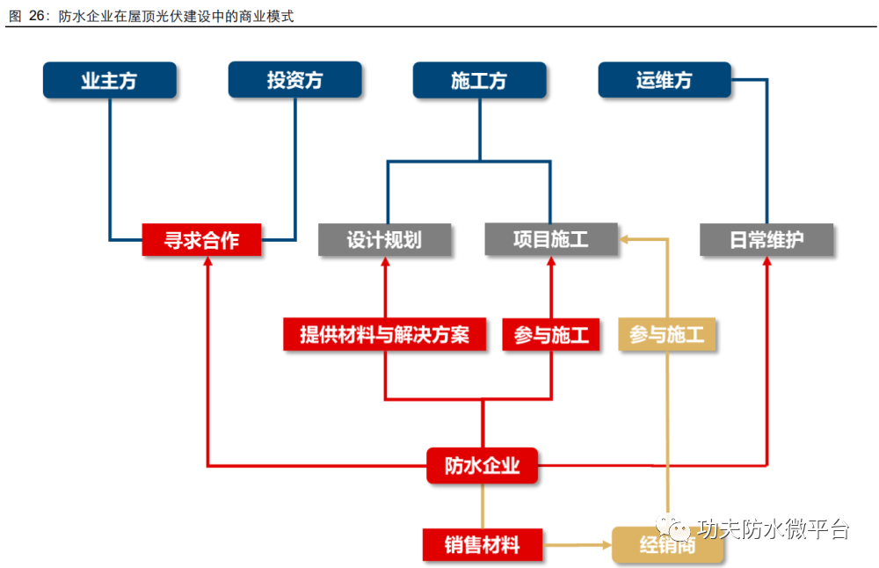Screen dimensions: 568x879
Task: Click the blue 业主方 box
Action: (109, 80)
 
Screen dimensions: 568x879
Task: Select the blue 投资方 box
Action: (294, 80)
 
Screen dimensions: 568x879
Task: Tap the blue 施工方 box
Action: (479, 80)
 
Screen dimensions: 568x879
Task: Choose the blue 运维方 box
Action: (665, 80)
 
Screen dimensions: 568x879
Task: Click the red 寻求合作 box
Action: (202, 239)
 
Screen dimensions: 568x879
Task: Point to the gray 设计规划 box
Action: (385, 239)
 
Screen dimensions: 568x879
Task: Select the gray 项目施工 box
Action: (551, 239)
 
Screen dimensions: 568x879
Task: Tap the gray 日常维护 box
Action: (766, 239)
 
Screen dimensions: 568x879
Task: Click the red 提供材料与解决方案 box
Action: (385, 335)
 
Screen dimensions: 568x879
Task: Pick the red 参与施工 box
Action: (551, 335)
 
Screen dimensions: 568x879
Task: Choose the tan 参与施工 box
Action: (667, 335)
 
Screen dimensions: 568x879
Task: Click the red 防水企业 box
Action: (483, 466)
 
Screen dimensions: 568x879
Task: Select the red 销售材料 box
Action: (482, 545)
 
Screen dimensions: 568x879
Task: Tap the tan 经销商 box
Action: (667, 545)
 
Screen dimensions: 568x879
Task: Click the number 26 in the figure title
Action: (39, 15)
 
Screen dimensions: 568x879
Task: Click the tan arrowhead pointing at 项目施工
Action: (624, 238)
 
